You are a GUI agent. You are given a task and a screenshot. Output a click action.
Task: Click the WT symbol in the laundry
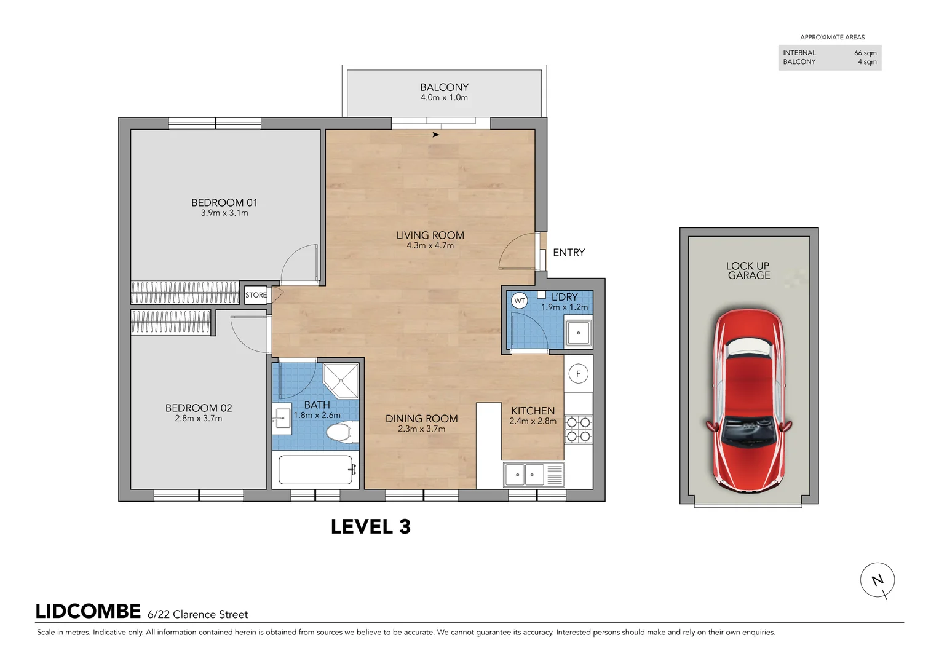coord(520,301)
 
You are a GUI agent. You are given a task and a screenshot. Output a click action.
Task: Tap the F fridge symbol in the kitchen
coord(578,374)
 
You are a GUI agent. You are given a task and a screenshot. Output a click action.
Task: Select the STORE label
coord(256,294)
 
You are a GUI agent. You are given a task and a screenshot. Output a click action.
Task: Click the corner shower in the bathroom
coord(341,381)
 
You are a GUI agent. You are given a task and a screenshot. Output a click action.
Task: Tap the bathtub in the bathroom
coord(315,470)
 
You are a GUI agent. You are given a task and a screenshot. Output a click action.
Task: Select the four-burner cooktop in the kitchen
coord(579,429)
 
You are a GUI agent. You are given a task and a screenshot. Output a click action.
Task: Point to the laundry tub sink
coord(578,333)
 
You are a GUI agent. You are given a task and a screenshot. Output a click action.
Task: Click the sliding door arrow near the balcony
coord(418,135)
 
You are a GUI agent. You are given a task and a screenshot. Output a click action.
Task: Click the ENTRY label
coord(568,252)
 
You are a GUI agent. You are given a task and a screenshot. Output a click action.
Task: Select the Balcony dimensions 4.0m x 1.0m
coord(445,98)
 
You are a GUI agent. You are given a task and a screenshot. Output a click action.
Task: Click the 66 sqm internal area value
coord(865,53)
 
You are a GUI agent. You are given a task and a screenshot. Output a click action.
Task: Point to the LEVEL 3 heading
coord(371,527)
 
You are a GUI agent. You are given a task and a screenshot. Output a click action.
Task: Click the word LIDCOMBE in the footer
coord(88,612)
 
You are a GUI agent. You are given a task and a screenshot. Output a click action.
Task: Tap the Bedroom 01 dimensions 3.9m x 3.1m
coord(224,213)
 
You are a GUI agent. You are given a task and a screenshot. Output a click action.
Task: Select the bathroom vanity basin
coord(282,419)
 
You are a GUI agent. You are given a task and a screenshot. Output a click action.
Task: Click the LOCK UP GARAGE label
coord(749,271)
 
